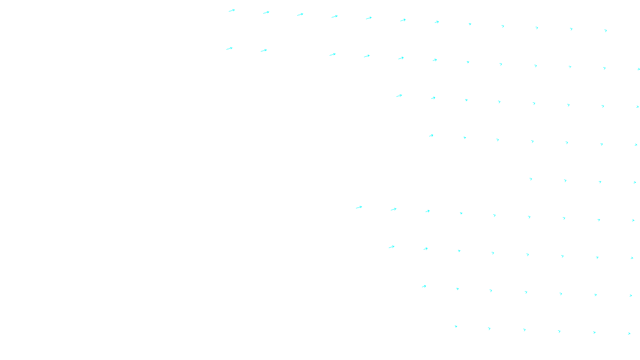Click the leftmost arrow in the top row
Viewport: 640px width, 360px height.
click(232, 10)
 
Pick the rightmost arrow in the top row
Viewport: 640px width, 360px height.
click(606, 30)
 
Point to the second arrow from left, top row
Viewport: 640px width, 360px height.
click(266, 12)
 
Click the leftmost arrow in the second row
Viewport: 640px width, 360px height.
click(230, 48)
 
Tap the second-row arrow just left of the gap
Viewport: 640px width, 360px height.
click(264, 50)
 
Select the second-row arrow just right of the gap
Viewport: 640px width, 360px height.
click(333, 54)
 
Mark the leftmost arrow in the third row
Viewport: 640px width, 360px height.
click(399, 96)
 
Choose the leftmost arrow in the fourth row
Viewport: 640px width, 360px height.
click(431, 136)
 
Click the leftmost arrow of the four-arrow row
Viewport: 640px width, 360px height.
click(531, 179)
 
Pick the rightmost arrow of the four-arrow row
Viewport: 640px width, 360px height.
click(635, 182)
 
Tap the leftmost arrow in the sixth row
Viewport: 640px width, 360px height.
click(359, 207)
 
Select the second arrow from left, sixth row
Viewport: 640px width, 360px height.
click(394, 209)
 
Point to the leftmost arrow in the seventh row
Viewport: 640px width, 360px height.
click(392, 247)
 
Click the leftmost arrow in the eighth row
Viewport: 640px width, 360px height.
click(424, 286)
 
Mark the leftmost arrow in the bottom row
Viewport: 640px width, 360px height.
click(456, 326)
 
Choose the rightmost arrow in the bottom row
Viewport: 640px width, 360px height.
click(629, 333)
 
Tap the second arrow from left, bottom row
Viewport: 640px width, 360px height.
click(489, 329)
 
